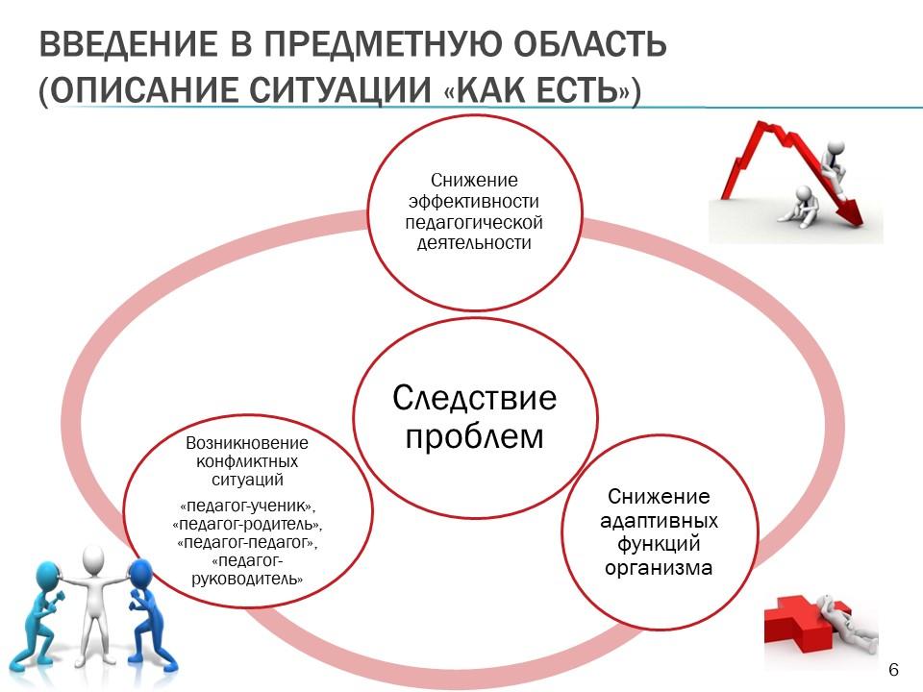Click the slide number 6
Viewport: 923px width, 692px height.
[893, 670]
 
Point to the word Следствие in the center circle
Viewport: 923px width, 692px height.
[474, 398]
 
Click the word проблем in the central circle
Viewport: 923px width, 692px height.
[474, 437]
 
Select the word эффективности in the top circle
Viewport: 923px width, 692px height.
[474, 201]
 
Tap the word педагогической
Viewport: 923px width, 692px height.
[474, 222]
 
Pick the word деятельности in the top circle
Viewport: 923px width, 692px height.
[474, 243]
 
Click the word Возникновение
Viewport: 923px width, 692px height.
[247, 442]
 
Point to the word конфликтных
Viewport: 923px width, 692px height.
[247, 461]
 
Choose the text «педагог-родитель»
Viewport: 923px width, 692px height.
[247, 524]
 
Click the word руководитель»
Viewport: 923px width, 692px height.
[247, 579]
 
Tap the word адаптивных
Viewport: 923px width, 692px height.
[659, 521]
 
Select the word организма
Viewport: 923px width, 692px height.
[659, 568]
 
